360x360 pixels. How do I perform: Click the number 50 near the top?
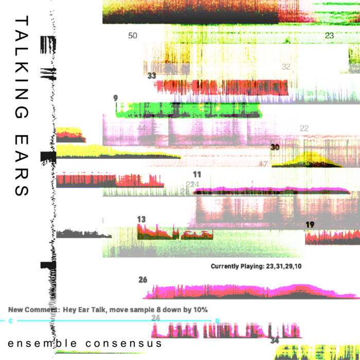(x=133, y=35)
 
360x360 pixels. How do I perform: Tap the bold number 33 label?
(x=152, y=76)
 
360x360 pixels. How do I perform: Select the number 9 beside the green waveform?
(x=115, y=98)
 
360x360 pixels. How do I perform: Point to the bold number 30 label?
(x=275, y=147)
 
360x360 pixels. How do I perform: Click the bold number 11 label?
(x=197, y=174)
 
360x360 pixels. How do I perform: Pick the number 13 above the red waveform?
(x=141, y=219)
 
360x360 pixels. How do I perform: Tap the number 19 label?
(x=310, y=224)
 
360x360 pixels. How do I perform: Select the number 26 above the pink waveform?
(x=143, y=280)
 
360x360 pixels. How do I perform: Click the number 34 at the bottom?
(x=275, y=340)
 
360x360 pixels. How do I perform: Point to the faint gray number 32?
(x=286, y=67)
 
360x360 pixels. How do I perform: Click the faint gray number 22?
(x=304, y=129)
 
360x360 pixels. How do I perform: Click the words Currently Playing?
(x=236, y=266)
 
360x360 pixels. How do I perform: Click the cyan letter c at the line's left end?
(x=11, y=321)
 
